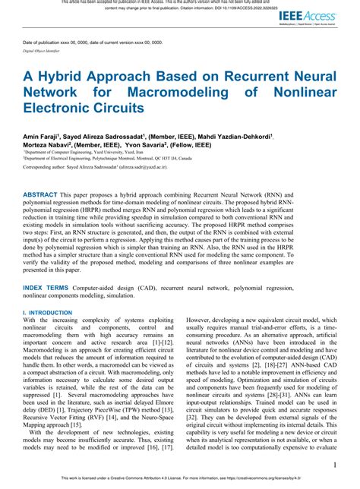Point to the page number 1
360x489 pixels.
334,465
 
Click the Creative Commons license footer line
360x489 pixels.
179,480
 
